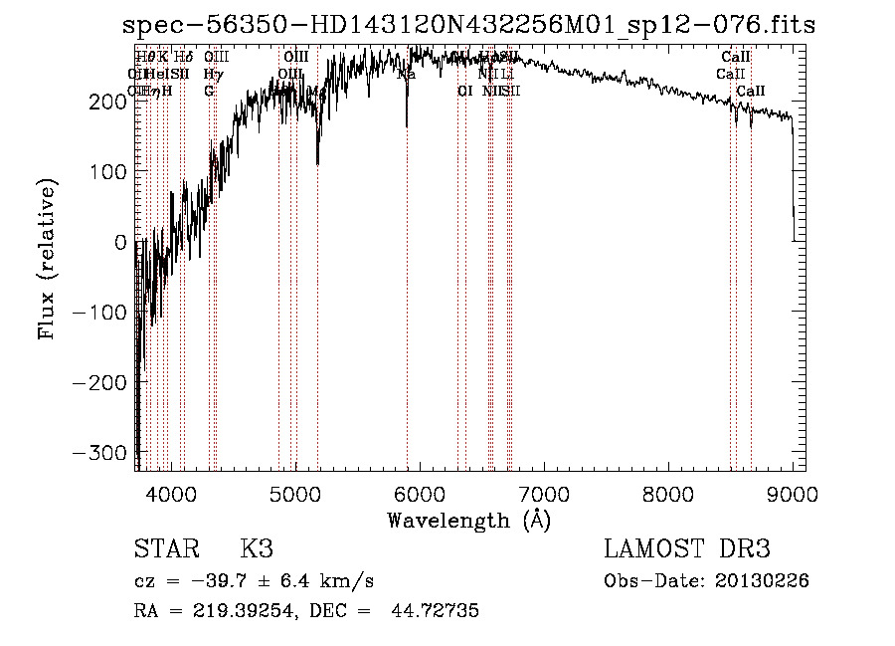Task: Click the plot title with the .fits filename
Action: [467, 25]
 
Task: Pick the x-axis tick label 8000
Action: [667, 493]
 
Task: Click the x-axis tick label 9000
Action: [792, 493]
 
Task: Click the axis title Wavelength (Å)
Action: [468, 520]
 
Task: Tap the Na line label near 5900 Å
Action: [406, 74]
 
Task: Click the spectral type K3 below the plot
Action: [257, 549]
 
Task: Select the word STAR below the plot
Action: [166, 549]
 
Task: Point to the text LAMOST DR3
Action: [687, 549]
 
